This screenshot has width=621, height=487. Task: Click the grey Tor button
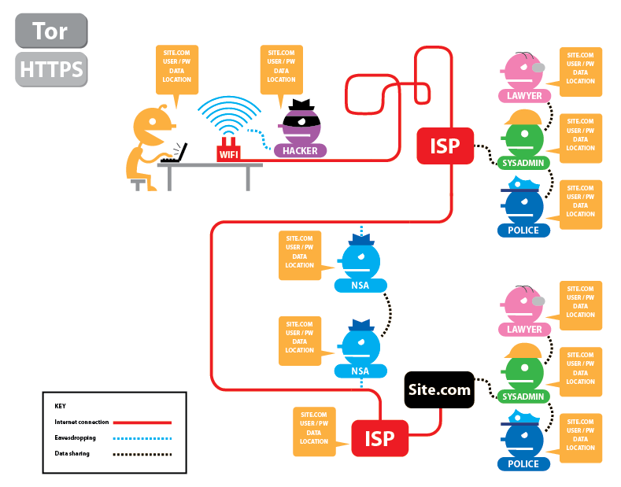click(x=51, y=31)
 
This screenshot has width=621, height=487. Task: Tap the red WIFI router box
click(x=228, y=150)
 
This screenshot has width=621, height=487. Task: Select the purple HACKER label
click(x=300, y=151)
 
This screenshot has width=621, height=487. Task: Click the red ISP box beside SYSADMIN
click(x=445, y=146)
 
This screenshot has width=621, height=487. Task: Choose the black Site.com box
click(x=439, y=389)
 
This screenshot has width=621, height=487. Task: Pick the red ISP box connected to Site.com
click(x=380, y=438)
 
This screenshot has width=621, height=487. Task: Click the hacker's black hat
click(x=301, y=105)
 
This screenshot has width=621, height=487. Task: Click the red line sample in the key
click(x=142, y=422)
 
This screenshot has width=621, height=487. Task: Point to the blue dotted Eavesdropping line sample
click(x=142, y=438)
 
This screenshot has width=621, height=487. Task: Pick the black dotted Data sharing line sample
click(x=142, y=454)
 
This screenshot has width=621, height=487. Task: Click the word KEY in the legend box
click(x=60, y=406)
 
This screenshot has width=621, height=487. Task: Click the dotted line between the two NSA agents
click(x=389, y=315)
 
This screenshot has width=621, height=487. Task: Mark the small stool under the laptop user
click(x=138, y=184)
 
